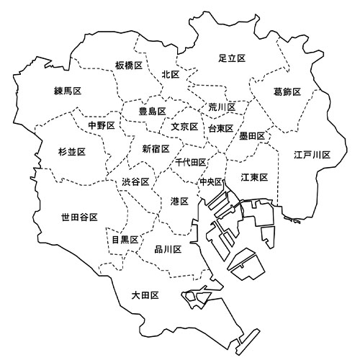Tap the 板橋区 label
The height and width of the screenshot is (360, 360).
point(129,66)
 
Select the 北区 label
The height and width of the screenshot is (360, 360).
point(171,74)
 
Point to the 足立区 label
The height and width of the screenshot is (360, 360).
point(233,58)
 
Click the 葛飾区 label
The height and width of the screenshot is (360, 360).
point(287,91)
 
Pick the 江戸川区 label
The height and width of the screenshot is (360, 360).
point(312,155)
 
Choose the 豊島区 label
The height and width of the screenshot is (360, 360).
point(153,112)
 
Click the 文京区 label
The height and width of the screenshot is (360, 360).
point(184,127)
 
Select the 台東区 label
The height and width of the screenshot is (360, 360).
point(220,128)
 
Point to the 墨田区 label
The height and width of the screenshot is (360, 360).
point(253,135)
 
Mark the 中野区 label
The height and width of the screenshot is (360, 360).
point(101,125)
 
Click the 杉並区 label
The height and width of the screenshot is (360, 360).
point(72,152)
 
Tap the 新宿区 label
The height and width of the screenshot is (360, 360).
point(156,149)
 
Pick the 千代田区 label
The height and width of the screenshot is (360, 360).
point(191,163)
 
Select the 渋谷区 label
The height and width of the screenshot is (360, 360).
point(135,182)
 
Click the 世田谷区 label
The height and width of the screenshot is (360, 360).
point(79,216)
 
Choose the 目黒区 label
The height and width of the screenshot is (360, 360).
point(125,239)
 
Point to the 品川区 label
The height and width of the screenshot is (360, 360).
point(168,250)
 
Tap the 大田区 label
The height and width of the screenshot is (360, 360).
point(145,295)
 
